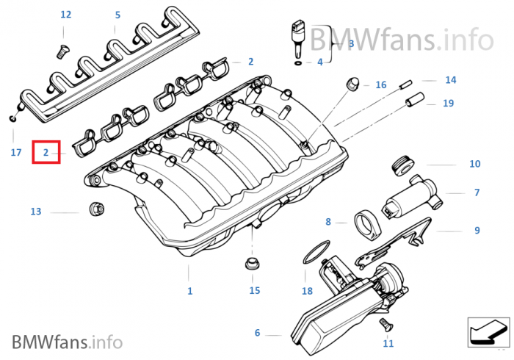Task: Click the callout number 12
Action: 66,15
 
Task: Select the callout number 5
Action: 117,15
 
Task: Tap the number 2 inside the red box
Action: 46,153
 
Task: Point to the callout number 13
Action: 36,212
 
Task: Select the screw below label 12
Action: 62,49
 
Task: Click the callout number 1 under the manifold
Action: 189,291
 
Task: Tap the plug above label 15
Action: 251,264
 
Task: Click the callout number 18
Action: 307,290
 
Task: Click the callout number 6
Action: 257,333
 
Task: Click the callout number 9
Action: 477,230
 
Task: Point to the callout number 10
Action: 474,164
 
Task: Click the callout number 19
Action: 448,104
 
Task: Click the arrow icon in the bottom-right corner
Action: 487,331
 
